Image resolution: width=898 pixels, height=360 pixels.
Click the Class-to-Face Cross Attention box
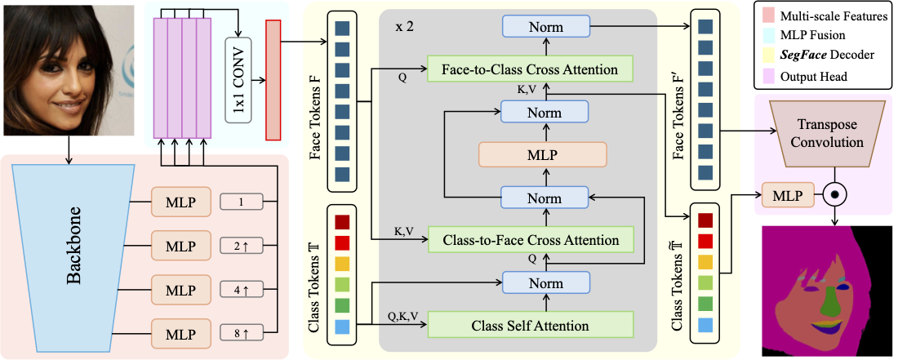tap(530, 240)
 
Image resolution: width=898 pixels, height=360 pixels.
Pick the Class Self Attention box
tap(530, 325)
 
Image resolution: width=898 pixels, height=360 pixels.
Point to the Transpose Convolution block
tap(829, 131)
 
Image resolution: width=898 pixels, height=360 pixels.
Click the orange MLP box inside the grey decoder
tap(542, 153)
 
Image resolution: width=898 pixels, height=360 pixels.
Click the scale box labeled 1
tap(240, 201)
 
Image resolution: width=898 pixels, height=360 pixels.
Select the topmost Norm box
tap(545, 28)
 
